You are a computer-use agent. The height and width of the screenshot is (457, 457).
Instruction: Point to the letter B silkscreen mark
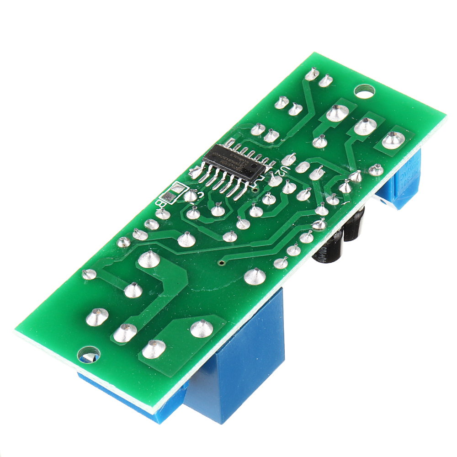[159, 201]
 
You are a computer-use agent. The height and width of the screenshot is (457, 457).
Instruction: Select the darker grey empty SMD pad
[169, 197]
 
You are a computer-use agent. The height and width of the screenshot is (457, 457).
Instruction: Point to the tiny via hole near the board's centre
[222, 263]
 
